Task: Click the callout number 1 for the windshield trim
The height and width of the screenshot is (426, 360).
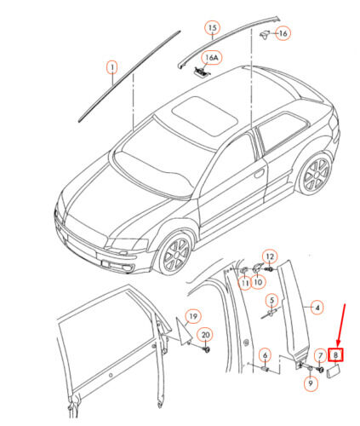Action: coord(112,67)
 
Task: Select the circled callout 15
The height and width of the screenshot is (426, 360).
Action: coord(213,28)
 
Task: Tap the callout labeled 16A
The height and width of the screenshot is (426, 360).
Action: coord(211,58)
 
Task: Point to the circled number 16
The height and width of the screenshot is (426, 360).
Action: coord(283,33)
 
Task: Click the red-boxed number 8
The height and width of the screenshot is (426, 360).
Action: coord(335,354)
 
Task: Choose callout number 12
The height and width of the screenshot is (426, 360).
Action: coord(270,257)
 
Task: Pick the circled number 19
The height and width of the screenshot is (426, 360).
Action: coord(193,316)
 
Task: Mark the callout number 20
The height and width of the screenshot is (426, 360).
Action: coord(205,335)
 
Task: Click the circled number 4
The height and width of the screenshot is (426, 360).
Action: coord(317,308)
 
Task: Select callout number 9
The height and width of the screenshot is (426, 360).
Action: coord(311,383)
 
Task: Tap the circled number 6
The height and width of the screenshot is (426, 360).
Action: coord(265,355)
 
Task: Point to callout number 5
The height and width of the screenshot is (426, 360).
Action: coord(271,300)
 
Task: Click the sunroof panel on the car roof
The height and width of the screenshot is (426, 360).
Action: coord(205,115)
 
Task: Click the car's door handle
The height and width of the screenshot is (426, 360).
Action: coord(259,173)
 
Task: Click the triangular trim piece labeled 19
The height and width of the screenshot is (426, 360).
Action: coord(182,331)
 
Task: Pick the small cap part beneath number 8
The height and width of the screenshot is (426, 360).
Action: coord(333,371)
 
